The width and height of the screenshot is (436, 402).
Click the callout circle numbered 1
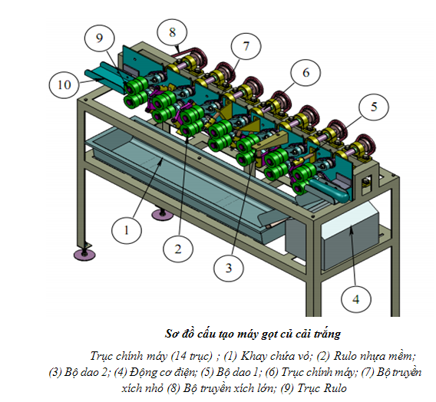127,230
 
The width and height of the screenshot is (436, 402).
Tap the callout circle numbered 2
178,249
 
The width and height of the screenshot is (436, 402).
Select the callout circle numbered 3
229,268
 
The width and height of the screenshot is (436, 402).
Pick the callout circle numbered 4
356,299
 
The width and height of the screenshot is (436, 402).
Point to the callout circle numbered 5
374,107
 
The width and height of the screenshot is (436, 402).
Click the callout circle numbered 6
306,73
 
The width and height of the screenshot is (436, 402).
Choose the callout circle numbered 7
246,46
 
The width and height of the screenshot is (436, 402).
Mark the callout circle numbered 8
172,32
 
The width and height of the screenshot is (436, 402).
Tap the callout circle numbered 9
99,38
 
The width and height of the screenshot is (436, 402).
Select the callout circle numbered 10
64,84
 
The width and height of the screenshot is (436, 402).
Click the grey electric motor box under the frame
350,236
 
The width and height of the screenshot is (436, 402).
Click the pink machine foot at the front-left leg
84,254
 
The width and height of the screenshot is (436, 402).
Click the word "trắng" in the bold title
327,334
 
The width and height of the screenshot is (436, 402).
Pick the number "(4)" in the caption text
121,372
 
